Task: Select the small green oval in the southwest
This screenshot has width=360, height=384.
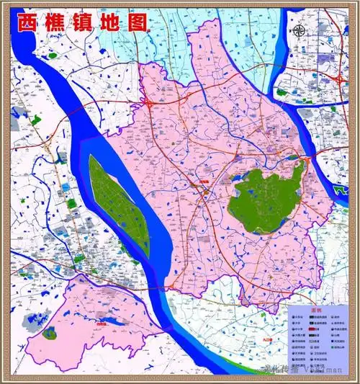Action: [x=49, y=332]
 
